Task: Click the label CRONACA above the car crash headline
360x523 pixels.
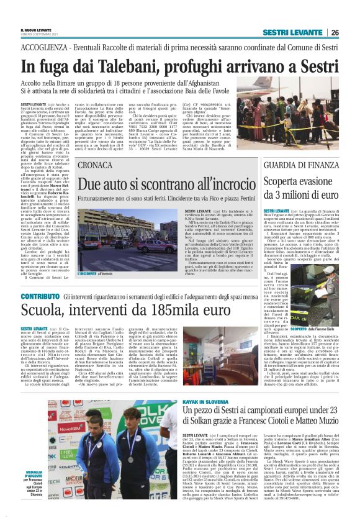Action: pos(95,183)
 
